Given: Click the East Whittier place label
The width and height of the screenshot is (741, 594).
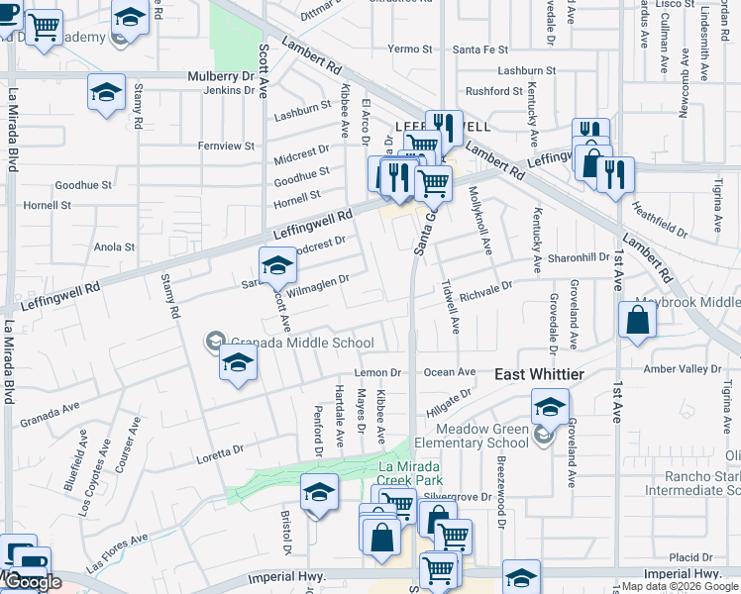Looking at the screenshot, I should pos(539,374).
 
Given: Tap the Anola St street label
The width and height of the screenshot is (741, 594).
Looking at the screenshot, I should pos(114,247).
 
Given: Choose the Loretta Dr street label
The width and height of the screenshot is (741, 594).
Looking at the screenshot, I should pos(219,450).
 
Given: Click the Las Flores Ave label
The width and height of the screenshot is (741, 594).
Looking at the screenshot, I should pos(116,552).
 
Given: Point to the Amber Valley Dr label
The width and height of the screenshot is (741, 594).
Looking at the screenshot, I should pos(684,368).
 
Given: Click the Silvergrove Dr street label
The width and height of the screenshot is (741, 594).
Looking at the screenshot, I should pos(458,496).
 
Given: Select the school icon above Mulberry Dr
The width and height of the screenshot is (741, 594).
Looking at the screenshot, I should pos(106,92).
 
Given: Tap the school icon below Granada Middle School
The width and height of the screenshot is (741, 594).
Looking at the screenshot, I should pos(239,363).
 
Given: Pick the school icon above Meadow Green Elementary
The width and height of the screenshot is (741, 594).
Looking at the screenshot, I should pos(550,406).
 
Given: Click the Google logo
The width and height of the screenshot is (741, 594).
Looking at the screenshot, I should pos(32,583).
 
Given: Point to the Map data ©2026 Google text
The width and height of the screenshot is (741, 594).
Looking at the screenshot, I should pos(680,586).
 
